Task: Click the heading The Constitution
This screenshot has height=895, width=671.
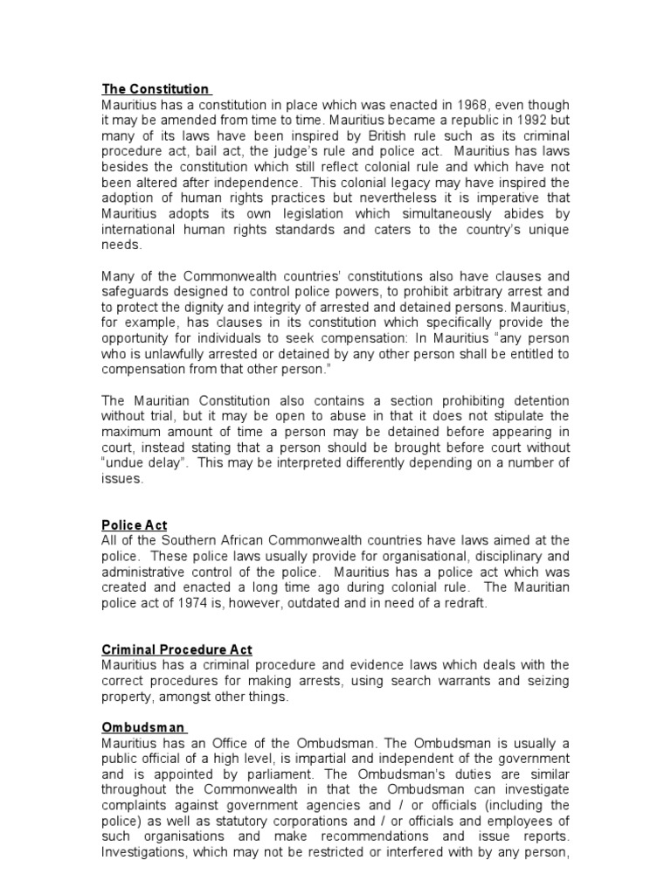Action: (156, 89)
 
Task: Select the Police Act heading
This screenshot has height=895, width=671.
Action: (135, 524)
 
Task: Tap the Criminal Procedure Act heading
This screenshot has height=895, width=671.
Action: (176, 649)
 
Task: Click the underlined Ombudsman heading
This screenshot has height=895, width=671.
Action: (142, 727)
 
